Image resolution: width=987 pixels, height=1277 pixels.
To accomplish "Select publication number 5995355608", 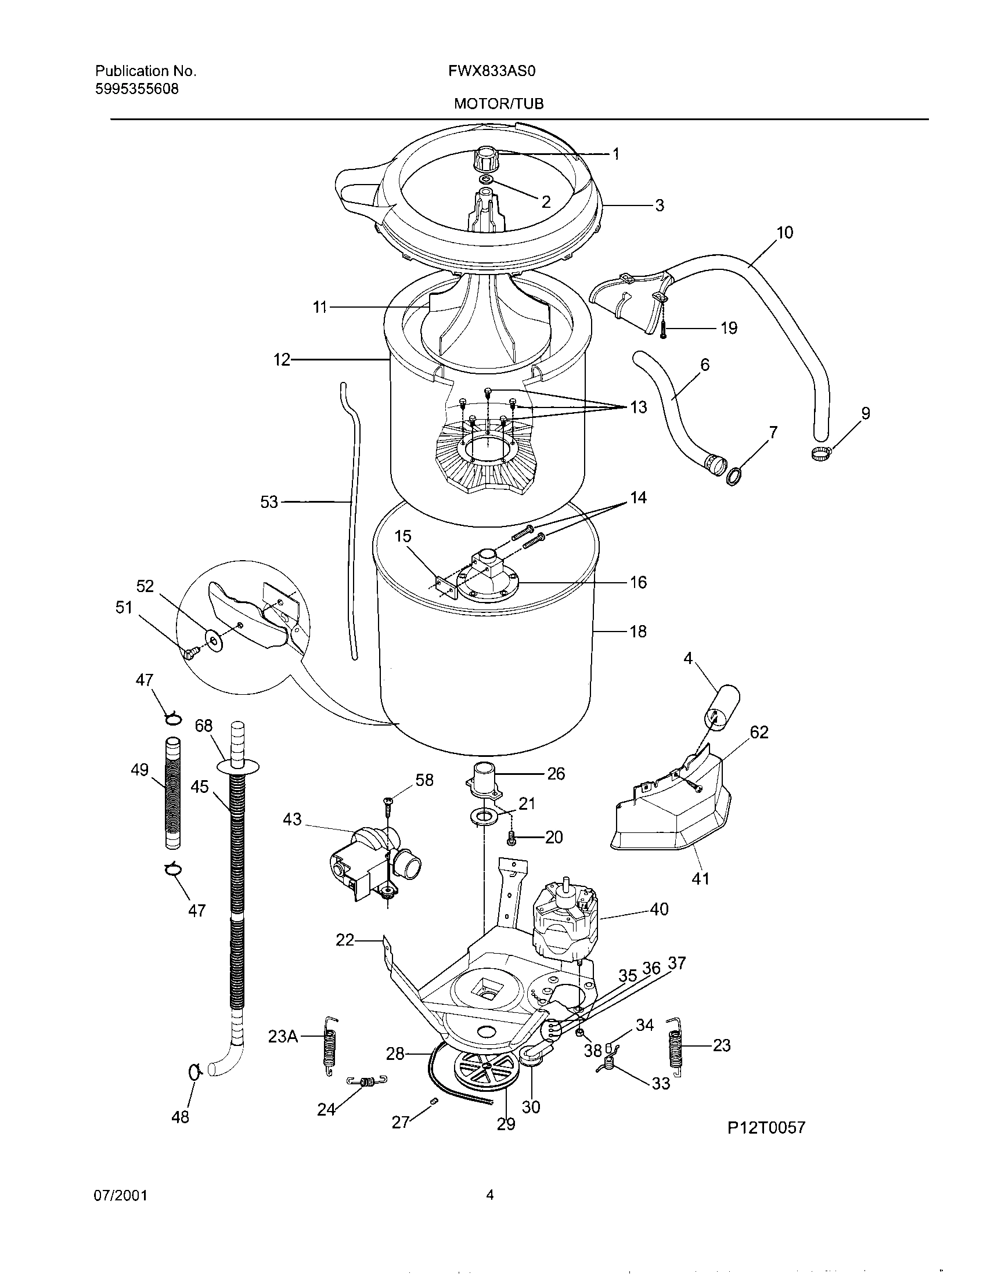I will coord(137,89).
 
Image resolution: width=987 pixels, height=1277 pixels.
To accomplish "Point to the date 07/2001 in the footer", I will coord(121,1196).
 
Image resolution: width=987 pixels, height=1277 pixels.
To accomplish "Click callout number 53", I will coord(269,502).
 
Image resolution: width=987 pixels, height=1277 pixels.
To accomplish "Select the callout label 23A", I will coord(283,1037).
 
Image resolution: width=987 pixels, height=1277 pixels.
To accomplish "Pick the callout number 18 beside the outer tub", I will coord(638,632).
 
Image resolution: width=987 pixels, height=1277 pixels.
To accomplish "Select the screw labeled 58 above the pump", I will coord(388,800).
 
